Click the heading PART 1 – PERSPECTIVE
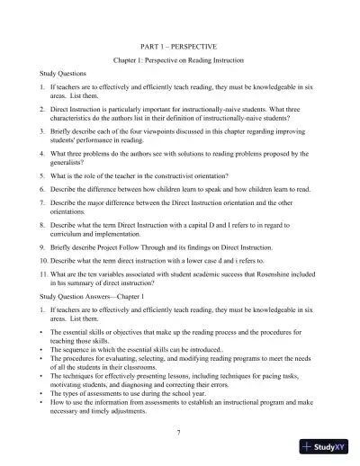tap(180, 43)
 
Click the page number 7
tap(180, 433)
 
